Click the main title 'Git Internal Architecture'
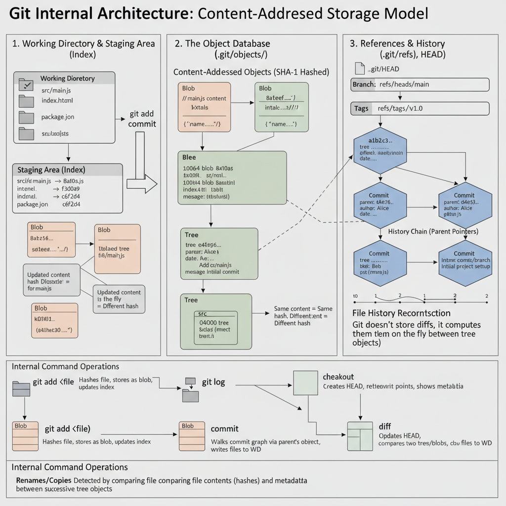98,13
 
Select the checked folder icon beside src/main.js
26,85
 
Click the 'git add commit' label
142,119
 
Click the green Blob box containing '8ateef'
282,107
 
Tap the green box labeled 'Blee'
232,177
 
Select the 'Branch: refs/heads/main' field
420,84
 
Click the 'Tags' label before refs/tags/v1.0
361,109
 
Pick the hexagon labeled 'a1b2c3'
380,149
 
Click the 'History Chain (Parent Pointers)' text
433,231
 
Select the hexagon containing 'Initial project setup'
464,262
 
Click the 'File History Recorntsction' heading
401,313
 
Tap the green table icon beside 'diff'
360,436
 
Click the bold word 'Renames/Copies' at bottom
44,480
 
